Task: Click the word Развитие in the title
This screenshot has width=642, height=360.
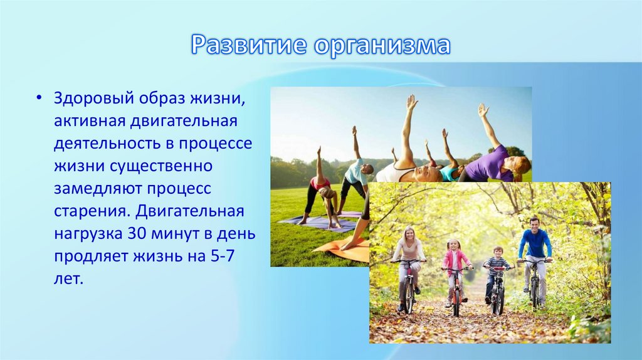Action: point(248,45)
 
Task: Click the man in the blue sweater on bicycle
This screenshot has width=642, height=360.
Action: point(534,248)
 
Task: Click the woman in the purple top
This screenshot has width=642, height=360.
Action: point(495,164)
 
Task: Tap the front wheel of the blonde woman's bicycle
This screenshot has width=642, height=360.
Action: point(409,298)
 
